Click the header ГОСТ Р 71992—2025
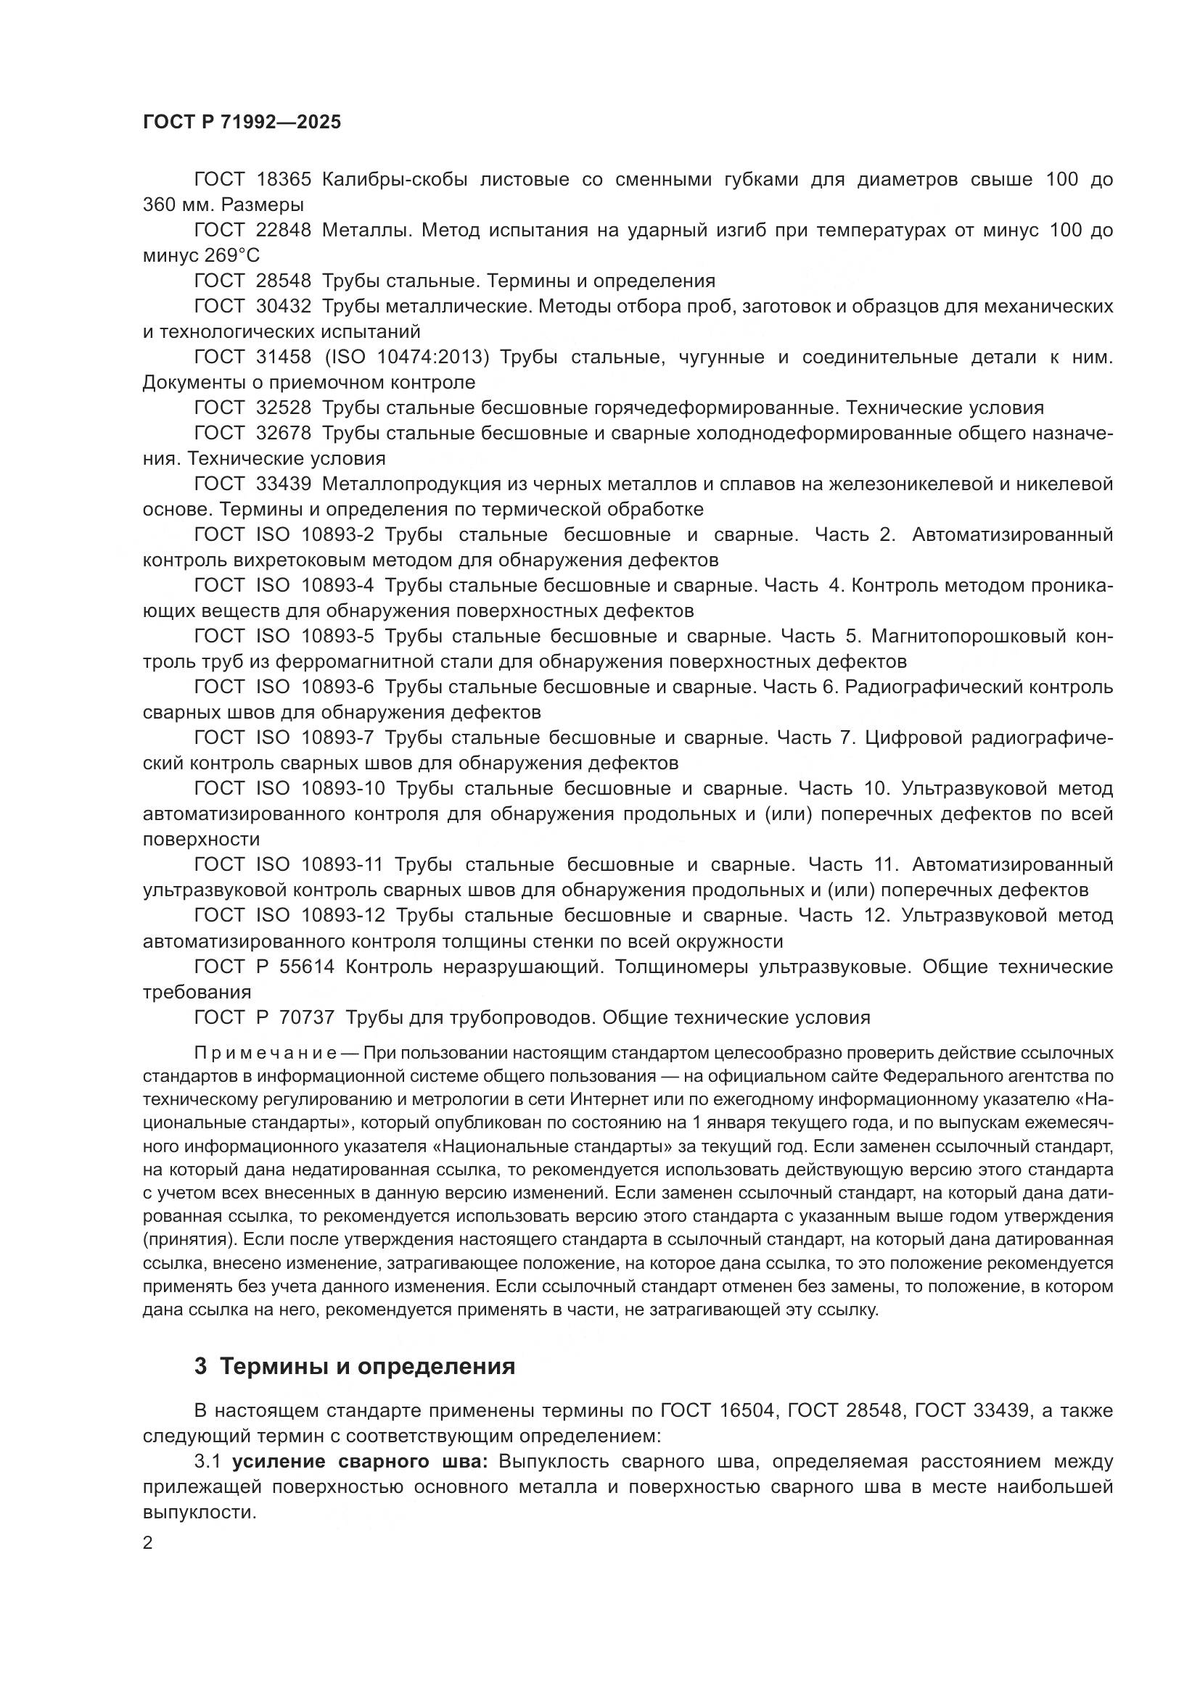pyautogui.click(x=242, y=123)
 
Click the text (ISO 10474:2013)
pyautogui.click(x=407, y=357)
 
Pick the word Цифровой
pyautogui.click(x=911, y=738)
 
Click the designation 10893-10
pyautogui.click(x=344, y=789)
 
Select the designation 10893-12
pyautogui.click(x=344, y=916)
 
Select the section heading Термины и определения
pyautogui.click(x=368, y=1367)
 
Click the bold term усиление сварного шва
pyautogui.click(x=360, y=1462)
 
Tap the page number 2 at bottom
pyautogui.click(x=148, y=1543)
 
